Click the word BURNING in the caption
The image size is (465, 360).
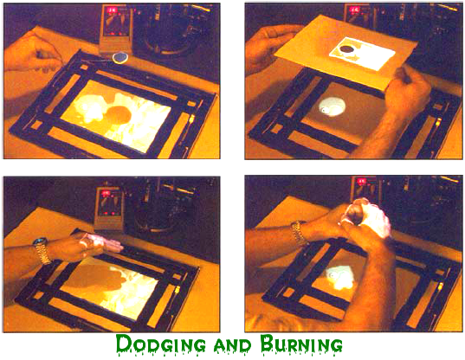(x=301, y=344)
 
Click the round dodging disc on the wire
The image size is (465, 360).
(x=120, y=57)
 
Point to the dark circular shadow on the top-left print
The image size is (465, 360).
(x=119, y=115)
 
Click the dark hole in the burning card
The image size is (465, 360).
(x=346, y=49)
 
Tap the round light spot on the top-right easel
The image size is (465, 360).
(x=332, y=107)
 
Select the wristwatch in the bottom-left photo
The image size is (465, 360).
(x=42, y=250)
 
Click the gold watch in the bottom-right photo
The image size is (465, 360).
(x=298, y=234)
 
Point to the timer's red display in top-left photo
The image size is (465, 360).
(x=113, y=10)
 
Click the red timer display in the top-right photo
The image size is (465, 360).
(x=354, y=10)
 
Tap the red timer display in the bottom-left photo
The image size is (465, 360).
(x=106, y=194)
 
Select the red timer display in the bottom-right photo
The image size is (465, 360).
(x=361, y=182)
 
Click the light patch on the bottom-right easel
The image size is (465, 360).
(x=339, y=277)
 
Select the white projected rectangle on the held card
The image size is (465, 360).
(x=362, y=54)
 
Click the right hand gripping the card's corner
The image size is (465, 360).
(x=409, y=89)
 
